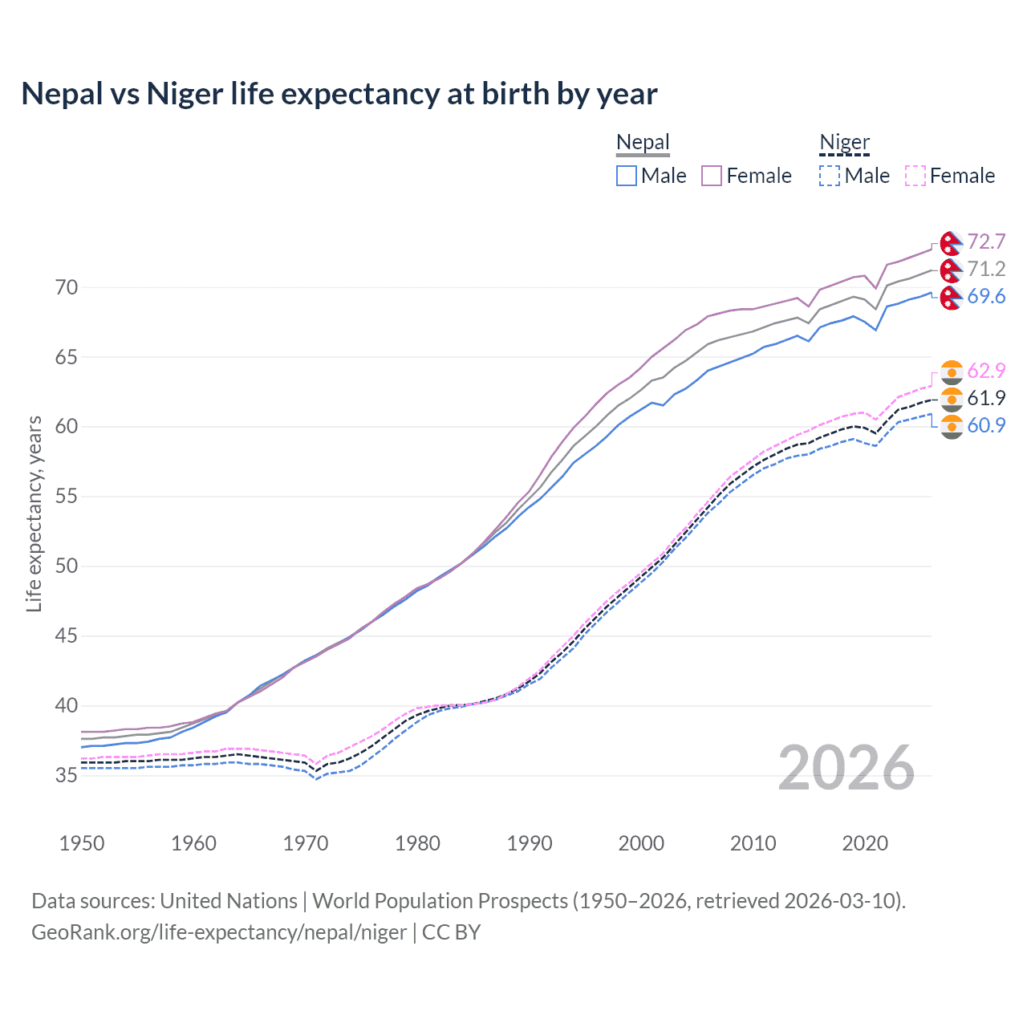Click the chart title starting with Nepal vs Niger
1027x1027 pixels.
click(x=339, y=94)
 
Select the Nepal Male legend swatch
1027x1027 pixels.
click(x=627, y=176)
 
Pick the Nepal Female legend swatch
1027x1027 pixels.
click(x=712, y=176)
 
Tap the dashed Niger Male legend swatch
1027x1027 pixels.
click(x=830, y=176)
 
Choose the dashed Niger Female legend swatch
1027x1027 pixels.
click(x=915, y=176)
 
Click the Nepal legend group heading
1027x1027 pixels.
click(x=643, y=143)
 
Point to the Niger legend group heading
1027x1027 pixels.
click(x=844, y=143)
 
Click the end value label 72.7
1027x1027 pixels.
click(x=986, y=242)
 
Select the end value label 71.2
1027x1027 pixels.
click(x=986, y=269)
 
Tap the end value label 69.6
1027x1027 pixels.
click(x=986, y=296)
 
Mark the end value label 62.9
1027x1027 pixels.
click(x=986, y=371)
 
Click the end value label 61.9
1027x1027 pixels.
click(x=986, y=398)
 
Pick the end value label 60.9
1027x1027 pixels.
click(x=986, y=425)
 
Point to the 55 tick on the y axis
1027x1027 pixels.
click(x=67, y=496)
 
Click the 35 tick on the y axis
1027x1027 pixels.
click(x=67, y=775)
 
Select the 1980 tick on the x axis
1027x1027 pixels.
click(x=417, y=843)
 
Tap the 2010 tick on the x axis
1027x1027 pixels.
click(x=753, y=843)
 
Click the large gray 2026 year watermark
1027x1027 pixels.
click(x=846, y=768)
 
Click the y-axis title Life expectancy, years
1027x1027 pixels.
click(x=34, y=513)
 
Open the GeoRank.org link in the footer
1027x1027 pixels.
click(x=219, y=932)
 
